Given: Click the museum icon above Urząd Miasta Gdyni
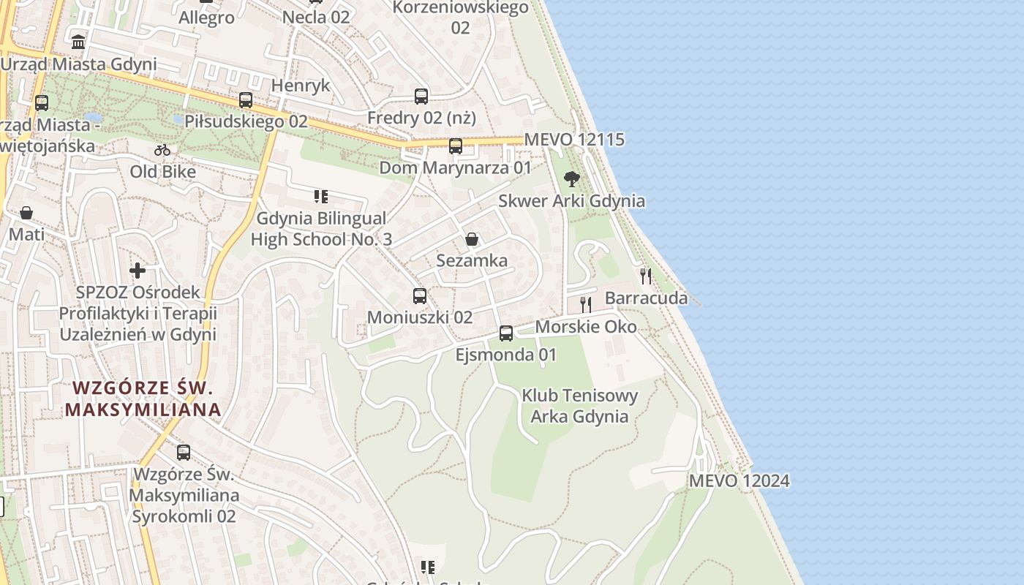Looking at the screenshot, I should [x=78, y=42].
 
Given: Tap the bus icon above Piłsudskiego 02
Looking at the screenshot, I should [x=246, y=100].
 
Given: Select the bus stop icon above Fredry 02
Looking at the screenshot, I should [x=421, y=96].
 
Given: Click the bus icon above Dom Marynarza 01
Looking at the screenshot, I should [x=456, y=146].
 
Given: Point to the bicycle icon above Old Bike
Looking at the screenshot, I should [x=162, y=151].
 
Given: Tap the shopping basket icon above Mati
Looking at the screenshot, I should [x=26, y=213].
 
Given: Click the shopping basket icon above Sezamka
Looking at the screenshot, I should [x=472, y=239].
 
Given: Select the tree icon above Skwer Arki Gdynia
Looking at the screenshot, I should [x=572, y=179].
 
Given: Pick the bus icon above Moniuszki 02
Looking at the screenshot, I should [x=420, y=296].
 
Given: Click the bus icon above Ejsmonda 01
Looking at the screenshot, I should [x=506, y=333].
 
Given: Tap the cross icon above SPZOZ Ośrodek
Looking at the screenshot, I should [x=138, y=271].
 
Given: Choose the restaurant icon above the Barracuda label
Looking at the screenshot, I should [x=646, y=276].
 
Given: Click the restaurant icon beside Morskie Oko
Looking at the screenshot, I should [x=586, y=304].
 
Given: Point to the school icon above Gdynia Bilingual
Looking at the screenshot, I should [x=320, y=196].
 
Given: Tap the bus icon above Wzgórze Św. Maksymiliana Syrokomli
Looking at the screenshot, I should [x=184, y=453].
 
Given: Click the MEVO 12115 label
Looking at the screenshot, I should [x=574, y=139].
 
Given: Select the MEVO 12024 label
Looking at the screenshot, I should [x=739, y=480].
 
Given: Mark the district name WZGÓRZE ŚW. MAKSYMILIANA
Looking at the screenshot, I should [x=143, y=399].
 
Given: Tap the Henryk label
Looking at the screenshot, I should [x=301, y=86].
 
